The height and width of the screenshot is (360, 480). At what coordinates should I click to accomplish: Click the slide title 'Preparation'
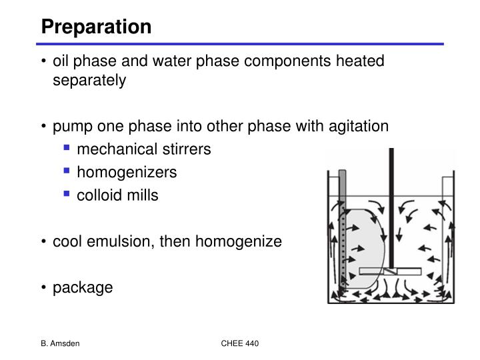click(96, 27)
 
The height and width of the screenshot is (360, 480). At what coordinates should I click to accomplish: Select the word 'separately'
click(89, 81)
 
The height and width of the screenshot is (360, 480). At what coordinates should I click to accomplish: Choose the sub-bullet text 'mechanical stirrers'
click(144, 149)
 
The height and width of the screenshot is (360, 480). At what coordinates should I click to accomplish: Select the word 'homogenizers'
click(127, 172)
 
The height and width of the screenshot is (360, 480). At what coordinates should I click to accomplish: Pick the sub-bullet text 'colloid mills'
click(117, 195)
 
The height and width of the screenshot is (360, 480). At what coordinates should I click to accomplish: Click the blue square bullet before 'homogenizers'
click(67, 171)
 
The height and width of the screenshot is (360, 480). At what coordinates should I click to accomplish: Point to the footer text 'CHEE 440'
click(240, 343)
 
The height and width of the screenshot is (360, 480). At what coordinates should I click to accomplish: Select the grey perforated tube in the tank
click(343, 227)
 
